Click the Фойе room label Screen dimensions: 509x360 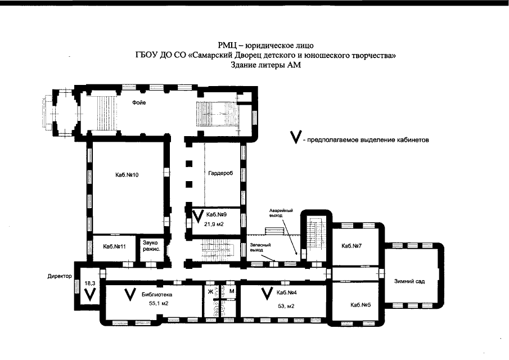[139, 103]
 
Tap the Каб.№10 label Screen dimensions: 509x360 [127, 175]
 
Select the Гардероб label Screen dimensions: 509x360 [220, 173]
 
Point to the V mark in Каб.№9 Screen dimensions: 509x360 [197, 216]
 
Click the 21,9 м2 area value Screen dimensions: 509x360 [214, 224]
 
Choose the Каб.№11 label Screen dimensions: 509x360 [114, 247]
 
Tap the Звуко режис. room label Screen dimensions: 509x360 [151, 246]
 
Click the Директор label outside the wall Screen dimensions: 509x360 [60, 277]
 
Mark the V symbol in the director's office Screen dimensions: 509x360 [89, 295]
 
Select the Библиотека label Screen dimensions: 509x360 [157, 295]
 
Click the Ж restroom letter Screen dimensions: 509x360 [210, 291]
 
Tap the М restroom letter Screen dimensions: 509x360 [232, 291]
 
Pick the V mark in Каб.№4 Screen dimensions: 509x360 [267, 294]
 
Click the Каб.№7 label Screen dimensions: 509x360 [352, 246]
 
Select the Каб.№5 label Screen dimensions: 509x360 [361, 305]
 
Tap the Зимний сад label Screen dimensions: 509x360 [409, 281]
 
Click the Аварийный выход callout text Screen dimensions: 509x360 [281, 213]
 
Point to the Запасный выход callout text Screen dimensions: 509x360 [260, 247]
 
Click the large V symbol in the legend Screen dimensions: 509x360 [296, 137]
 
